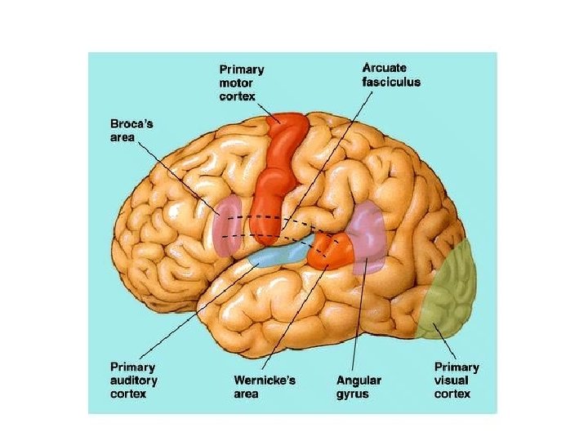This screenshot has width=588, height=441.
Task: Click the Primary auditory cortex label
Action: (134, 380)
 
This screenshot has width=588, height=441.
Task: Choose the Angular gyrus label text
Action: (359, 386)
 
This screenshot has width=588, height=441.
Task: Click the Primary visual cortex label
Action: (456, 380)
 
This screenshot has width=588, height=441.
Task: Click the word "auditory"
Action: (134, 380)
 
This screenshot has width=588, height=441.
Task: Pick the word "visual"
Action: (451, 380)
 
